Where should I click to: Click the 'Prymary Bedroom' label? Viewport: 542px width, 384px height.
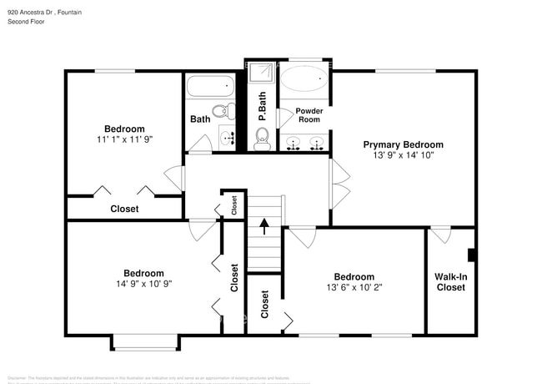(403, 144)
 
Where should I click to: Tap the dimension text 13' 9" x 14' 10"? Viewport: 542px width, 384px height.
(403, 154)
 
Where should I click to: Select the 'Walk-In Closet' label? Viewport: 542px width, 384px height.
(451, 281)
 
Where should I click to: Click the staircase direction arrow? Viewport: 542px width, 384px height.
(263, 224)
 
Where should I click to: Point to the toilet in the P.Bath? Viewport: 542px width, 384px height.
(262, 139)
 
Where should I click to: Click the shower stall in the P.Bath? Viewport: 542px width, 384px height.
(260, 73)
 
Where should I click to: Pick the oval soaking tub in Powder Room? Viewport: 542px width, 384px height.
(304, 80)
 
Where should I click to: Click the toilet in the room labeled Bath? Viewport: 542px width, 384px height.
(221, 111)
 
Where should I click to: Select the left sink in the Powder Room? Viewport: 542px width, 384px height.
(293, 144)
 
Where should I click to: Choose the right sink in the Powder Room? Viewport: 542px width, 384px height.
(317, 144)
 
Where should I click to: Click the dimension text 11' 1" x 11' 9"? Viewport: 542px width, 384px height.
(124, 139)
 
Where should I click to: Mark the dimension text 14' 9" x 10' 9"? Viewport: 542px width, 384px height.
(143, 284)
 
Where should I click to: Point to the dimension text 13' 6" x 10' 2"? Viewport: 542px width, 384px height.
(354, 287)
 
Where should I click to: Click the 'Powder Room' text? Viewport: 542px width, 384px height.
(309, 115)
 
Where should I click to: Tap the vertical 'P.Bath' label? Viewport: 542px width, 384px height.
(261, 107)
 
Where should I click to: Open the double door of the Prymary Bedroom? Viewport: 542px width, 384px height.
(339, 184)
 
